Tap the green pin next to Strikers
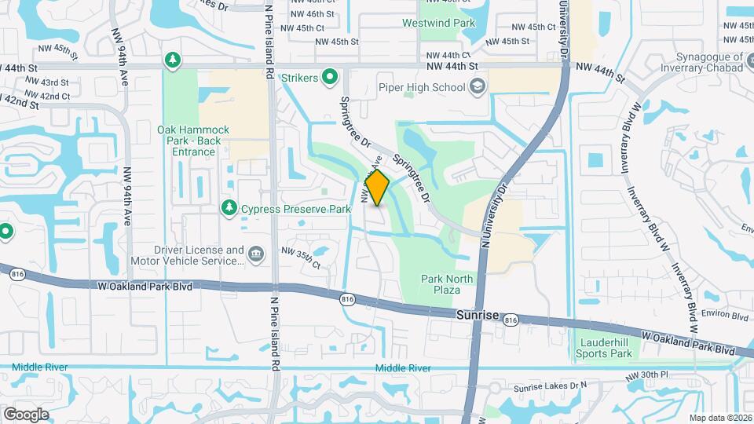click(x=331, y=77)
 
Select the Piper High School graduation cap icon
click(x=477, y=87)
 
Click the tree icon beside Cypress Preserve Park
click(x=229, y=208)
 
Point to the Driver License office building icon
click(x=255, y=255)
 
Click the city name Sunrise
click(x=478, y=314)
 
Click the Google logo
click(x=26, y=414)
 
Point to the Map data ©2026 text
click(x=720, y=418)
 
